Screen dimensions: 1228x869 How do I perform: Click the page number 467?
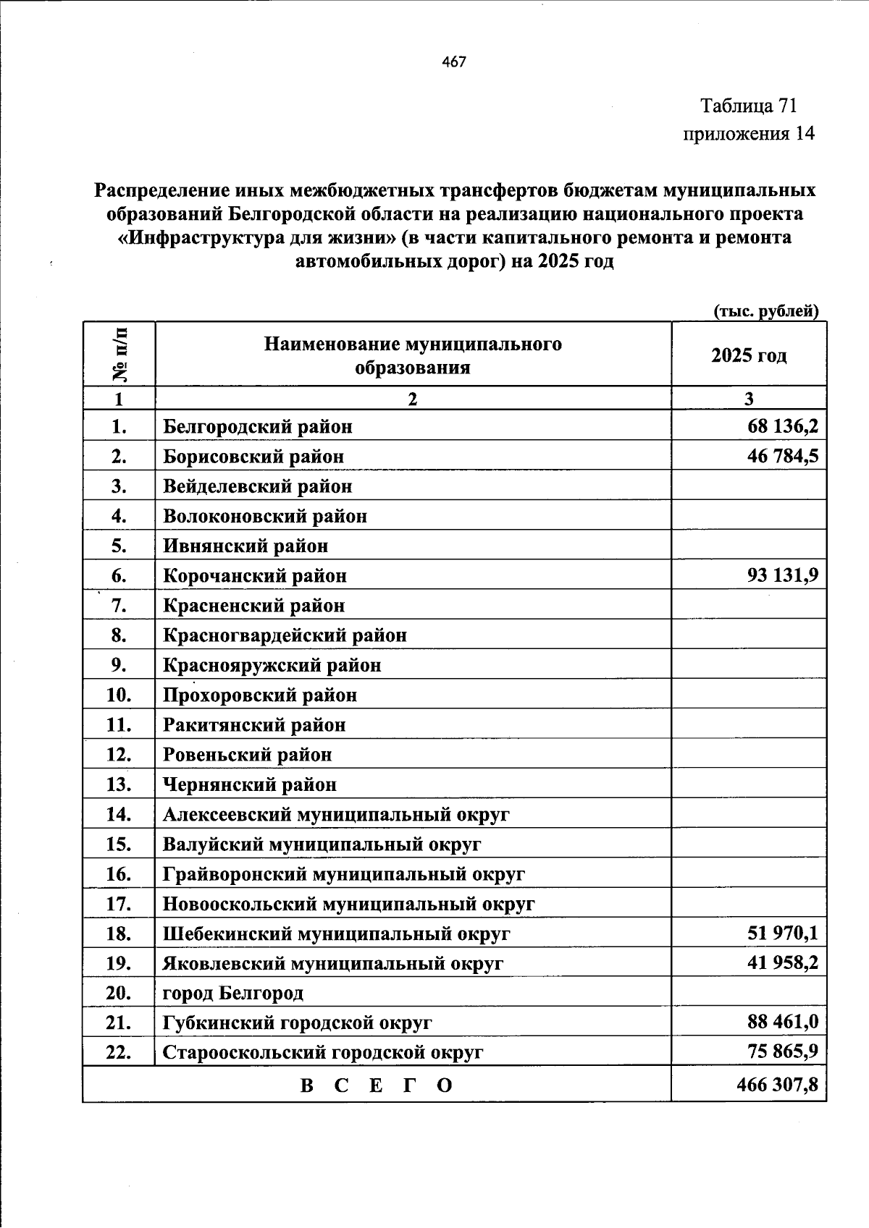click(x=454, y=62)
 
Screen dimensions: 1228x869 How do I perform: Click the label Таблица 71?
click(x=749, y=106)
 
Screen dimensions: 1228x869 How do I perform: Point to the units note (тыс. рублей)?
click(x=766, y=311)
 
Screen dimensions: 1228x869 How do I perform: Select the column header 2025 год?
click(x=748, y=355)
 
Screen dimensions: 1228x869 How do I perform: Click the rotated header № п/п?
click(x=119, y=355)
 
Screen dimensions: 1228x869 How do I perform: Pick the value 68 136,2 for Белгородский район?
click(x=783, y=426)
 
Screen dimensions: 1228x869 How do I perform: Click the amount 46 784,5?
click(x=783, y=457)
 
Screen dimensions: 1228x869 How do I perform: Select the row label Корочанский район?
click(x=255, y=576)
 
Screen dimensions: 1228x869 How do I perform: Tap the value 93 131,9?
click(x=783, y=576)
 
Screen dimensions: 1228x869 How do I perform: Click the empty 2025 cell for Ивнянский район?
click(x=748, y=546)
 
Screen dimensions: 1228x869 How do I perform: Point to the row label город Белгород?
click(x=233, y=994)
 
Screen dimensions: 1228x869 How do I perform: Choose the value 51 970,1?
click(x=783, y=933)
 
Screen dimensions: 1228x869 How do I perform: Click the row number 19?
click(x=119, y=964)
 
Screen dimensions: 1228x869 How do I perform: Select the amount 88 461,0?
click(x=783, y=1022)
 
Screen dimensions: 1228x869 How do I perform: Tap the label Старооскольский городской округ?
click(x=322, y=1053)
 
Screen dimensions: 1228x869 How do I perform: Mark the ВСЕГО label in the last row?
click(x=377, y=1085)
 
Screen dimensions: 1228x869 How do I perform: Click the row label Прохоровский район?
click(x=260, y=695)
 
